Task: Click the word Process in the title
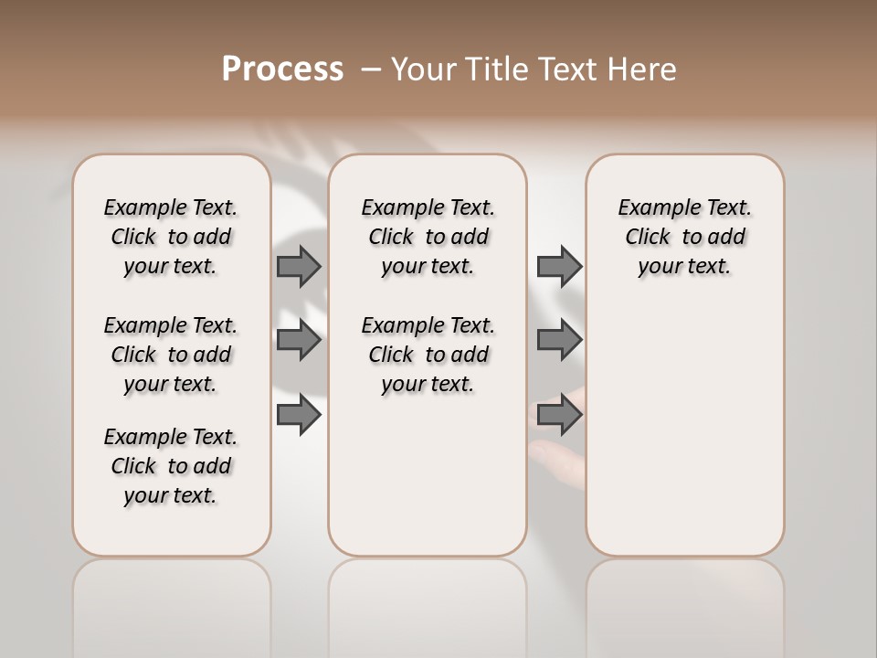click(x=282, y=69)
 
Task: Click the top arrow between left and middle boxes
click(x=299, y=266)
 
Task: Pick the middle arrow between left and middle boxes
click(x=299, y=341)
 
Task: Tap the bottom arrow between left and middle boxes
click(x=299, y=415)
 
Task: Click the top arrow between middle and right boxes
click(x=559, y=266)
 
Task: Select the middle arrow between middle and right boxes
click(x=559, y=341)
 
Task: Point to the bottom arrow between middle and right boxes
click(x=559, y=415)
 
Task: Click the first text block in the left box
click(x=171, y=237)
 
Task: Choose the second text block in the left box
click(x=171, y=355)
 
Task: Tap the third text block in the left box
click(x=171, y=466)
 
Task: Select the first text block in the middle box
click(x=428, y=237)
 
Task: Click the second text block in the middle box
click(x=428, y=355)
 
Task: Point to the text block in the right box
click(x=684, y=237)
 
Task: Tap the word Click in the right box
click(x=648, y=238)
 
